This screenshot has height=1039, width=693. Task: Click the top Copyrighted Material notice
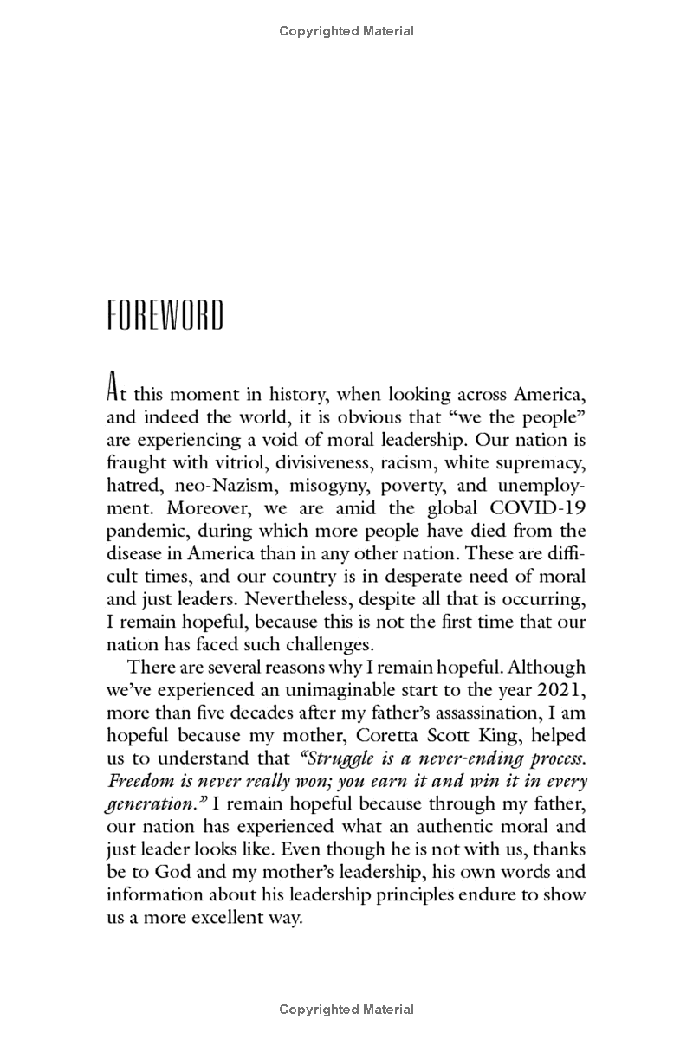(x=346, y=31)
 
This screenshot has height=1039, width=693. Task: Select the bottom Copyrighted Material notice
(x=346, y=1010)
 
